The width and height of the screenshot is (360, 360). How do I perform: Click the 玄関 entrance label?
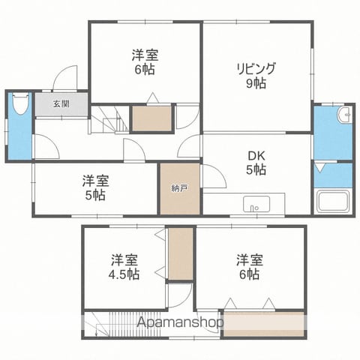[61, 103]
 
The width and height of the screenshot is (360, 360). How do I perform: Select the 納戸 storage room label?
[180, 188]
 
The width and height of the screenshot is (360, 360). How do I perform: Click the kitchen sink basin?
[256, 204]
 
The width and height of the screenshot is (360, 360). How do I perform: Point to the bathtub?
[333, 201]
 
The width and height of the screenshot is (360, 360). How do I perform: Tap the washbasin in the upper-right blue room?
[344, 115]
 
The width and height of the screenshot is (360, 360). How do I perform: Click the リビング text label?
[256, 69]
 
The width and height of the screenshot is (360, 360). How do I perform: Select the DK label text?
[256, 156]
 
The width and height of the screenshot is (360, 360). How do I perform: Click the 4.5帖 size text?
[124, 274]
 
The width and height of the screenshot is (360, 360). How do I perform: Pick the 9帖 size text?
[256, 83]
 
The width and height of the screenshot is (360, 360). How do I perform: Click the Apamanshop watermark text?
[180, 322]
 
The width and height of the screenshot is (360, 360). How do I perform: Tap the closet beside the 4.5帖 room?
[181, 254]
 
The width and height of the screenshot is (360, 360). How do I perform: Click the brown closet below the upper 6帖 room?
[151, 118]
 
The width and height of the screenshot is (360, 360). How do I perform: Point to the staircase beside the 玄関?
[109, 119]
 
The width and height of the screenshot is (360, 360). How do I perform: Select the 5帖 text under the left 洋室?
[95, 196]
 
